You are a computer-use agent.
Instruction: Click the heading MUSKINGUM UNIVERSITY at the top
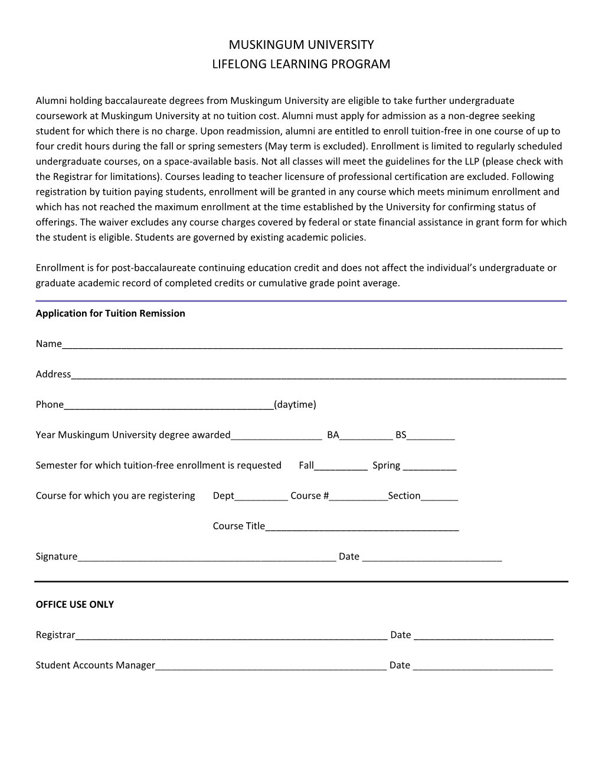301,45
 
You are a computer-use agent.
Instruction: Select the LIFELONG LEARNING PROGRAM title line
301,64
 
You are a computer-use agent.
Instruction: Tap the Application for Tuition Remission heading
110,313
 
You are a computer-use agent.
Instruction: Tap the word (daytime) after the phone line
295,405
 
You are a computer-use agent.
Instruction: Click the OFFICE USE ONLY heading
75,604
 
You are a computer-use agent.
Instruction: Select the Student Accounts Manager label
95,665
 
